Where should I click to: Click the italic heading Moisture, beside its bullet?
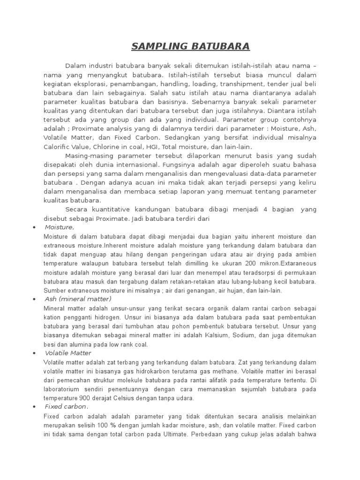(x=60, y=227)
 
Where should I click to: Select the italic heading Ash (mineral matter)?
(x=78, y=299)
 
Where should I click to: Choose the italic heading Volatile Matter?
(x=68, y=353)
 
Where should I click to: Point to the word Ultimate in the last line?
(x=173, y=434)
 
